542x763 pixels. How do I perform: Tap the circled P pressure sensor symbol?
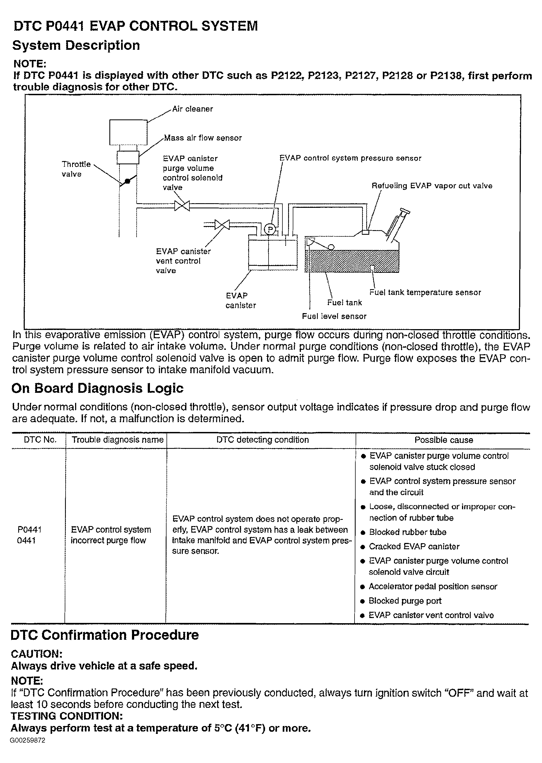click(270, 229)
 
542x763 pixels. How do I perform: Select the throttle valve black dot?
click(127, 181)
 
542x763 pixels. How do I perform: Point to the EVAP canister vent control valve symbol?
click(222, 224)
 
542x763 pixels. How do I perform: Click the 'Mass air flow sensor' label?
click(203, 138)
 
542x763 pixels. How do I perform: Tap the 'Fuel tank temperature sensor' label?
click(425, 292)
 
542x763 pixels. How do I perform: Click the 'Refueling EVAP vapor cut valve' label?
click(432, 186)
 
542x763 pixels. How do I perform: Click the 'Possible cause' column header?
click(444, 440)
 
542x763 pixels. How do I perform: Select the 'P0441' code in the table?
click(29, 529)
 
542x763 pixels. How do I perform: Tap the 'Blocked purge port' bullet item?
click(405, 601)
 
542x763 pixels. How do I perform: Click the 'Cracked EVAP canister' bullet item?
click(414, 546)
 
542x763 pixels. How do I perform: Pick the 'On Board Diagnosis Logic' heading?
click(97, 388)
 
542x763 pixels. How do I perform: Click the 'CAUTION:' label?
click(37, 654)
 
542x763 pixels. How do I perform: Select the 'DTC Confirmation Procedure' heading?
click(105, 635)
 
